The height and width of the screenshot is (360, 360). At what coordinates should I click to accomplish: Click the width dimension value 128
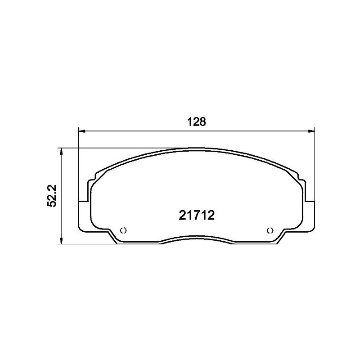click(x=196, y=121)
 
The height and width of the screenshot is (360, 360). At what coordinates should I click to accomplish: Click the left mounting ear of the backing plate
click(x=84, y=214)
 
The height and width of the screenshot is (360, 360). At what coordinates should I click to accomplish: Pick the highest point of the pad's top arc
click(x=197, y=148)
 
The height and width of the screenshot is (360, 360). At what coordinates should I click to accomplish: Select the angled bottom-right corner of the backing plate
click(x=281, y=238)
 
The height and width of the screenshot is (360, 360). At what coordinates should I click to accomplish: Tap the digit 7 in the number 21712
click(x=192, y=215)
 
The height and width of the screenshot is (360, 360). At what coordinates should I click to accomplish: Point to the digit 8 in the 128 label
click(x=202, y=121)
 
